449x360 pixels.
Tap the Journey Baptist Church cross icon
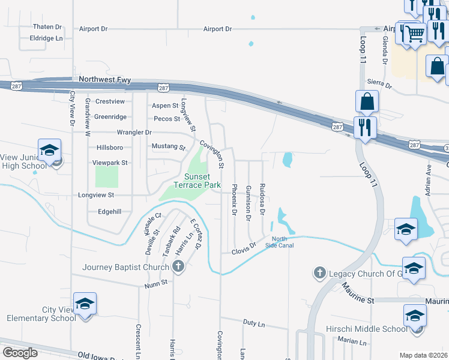click(178, 268)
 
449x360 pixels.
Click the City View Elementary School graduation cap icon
click(85, 304)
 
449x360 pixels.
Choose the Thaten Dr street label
click(47, 27)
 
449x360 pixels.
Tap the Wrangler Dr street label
click(134, 132)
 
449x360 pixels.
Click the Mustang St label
click(169, 146)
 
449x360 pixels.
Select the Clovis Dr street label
click(244, 248)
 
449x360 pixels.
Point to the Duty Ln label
click(254, 323)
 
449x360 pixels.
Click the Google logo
click(20, 353)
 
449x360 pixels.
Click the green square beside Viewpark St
click(107, 176)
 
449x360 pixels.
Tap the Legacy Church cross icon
click(319, 274)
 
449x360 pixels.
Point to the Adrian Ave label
click(428, 181)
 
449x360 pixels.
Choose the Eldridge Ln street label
click(46, 38)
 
